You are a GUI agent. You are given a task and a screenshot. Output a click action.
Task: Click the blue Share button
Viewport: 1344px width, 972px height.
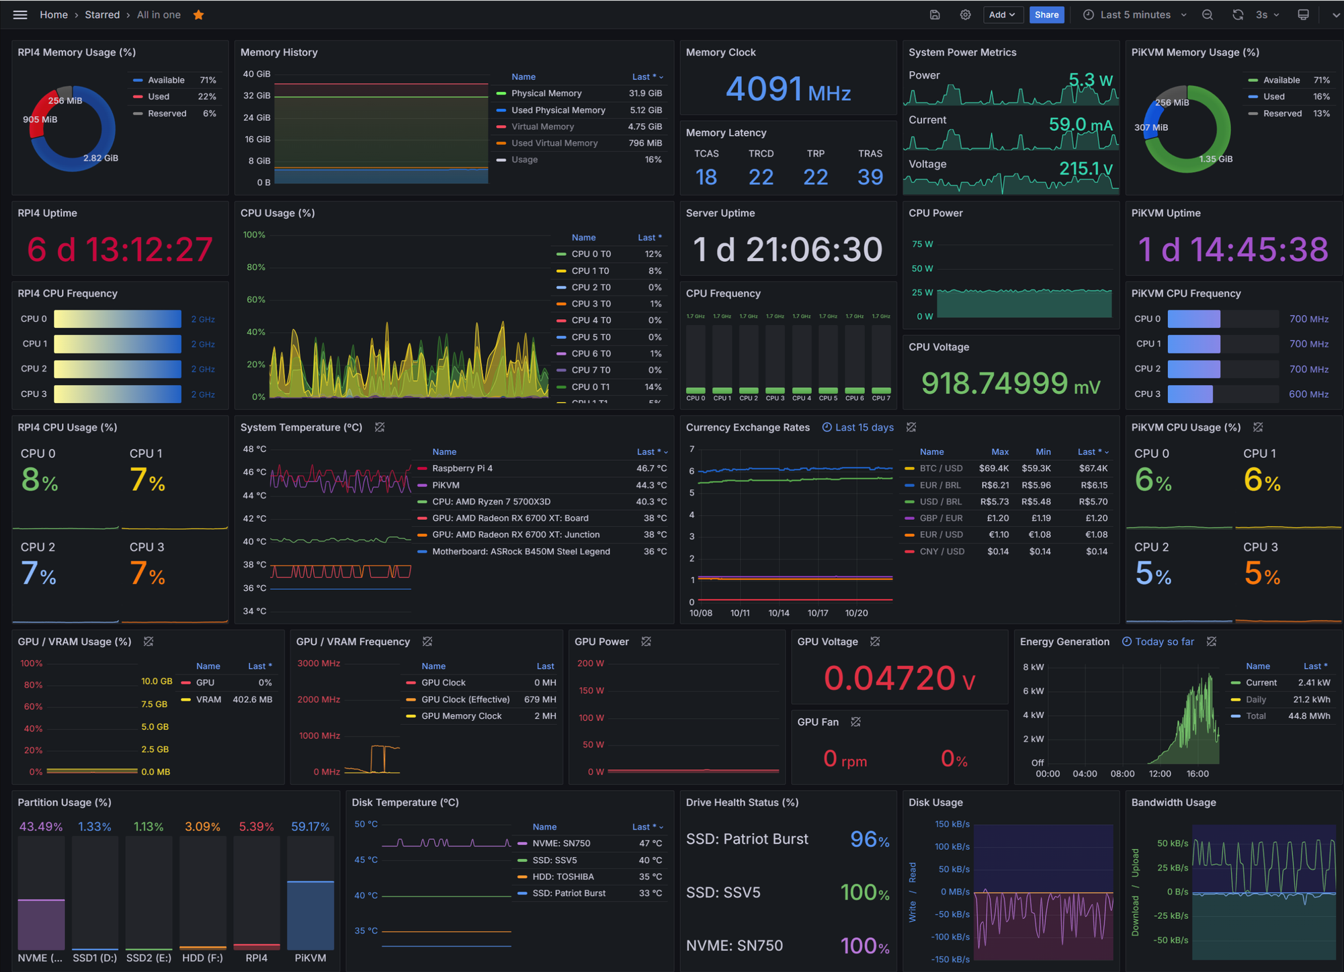tap(1046, 15)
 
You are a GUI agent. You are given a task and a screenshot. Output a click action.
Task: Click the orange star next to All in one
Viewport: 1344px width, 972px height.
tap(198, 15)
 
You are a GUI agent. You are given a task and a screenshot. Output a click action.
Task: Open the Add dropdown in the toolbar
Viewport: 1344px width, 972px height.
tap(1001, 15)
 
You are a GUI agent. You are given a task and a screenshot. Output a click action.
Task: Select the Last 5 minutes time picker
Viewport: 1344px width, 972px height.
tap(1135, 15)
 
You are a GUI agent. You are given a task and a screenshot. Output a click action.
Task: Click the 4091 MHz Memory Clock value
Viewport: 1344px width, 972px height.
tap(788, 89)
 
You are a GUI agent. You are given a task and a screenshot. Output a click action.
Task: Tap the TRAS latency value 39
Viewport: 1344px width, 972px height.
tap(870, 177)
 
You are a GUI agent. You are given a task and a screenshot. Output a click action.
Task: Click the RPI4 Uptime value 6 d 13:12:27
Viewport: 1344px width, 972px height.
tap(120, 250)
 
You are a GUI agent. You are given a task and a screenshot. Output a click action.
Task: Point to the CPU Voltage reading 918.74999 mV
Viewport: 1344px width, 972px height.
tap(1010, 384)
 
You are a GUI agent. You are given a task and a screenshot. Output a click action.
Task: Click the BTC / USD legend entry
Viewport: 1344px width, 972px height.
tap(941, 468)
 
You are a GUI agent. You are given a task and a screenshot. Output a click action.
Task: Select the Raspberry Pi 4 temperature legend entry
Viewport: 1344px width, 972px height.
tap(462, 468)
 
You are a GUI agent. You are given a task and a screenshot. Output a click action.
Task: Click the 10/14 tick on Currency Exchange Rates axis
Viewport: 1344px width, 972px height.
tap(779, 613)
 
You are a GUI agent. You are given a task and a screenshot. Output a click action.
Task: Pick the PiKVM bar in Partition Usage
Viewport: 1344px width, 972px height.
tap(310, 914)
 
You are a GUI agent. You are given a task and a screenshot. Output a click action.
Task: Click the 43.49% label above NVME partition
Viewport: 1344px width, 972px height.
tap(41, 826)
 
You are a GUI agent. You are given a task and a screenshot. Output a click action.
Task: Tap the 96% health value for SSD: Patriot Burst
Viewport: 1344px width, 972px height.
tap(869, 839)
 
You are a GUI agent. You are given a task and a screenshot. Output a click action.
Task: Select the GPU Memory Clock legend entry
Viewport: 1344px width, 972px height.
tap(461, 716)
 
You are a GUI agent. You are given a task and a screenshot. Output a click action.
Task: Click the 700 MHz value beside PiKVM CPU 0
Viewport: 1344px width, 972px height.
tap(1308, 319)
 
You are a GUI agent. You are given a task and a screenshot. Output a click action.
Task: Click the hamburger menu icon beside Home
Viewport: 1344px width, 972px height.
tap(20, 15)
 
